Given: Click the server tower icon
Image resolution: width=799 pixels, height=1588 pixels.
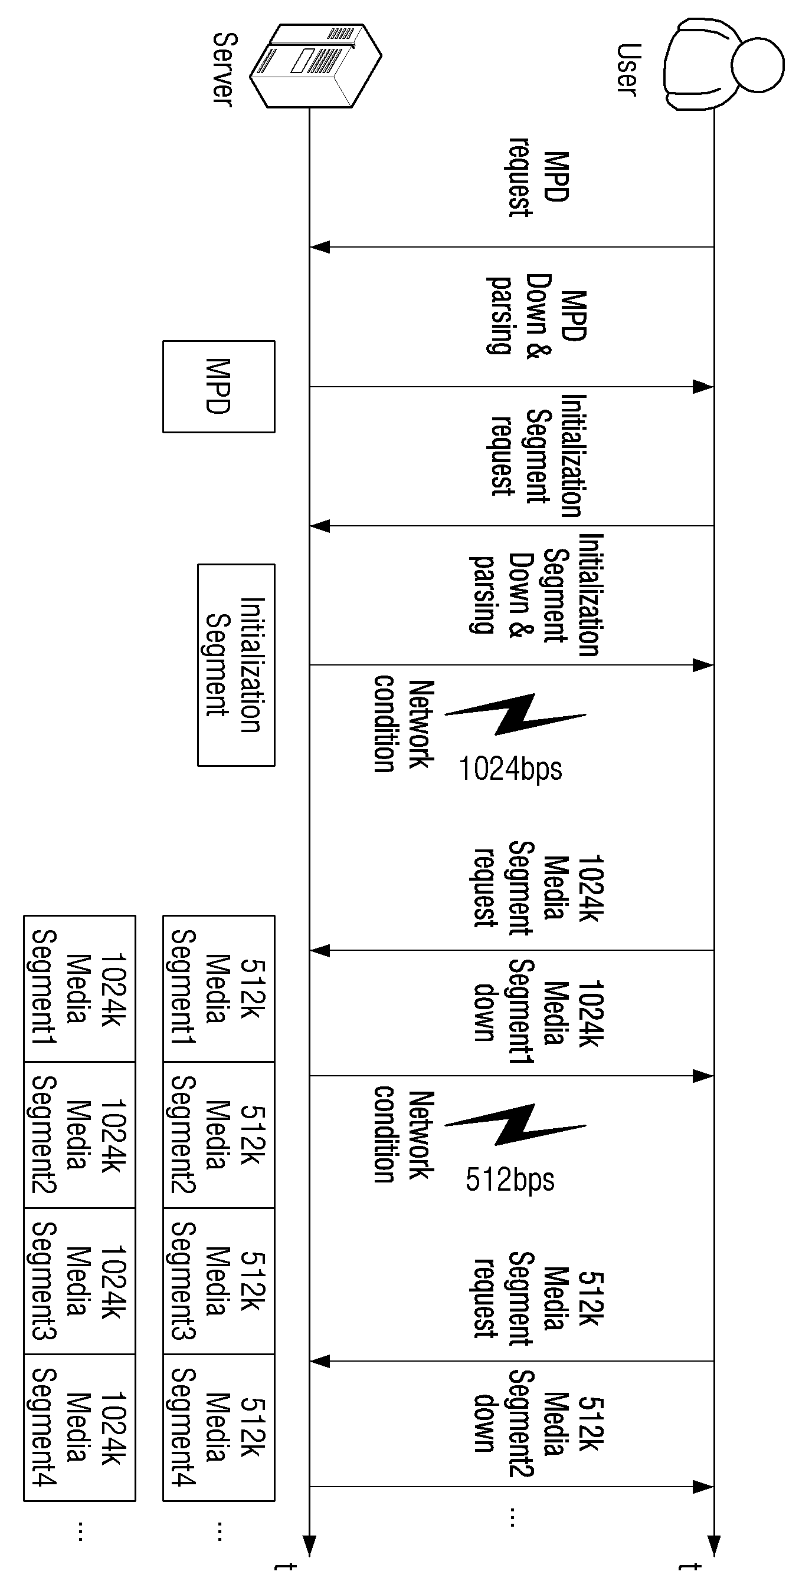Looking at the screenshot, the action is click(315, 65).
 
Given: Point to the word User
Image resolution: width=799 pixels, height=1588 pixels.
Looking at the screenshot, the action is click(628, 70).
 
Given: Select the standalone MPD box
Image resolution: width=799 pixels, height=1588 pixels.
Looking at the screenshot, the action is click(218, 387).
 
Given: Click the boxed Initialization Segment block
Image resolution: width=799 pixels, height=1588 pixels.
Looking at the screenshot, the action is click(235, 664).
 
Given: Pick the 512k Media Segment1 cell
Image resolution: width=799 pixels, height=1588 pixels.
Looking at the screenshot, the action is click(218, 988).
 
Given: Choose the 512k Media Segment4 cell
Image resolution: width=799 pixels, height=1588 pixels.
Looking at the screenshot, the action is click(218, 1428).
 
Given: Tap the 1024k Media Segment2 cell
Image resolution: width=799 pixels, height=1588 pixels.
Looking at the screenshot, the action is click(79, 1135).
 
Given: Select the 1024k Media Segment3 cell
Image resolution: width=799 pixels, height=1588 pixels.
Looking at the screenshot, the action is click(79, 1281).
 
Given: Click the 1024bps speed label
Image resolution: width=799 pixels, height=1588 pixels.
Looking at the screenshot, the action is click(511, 769).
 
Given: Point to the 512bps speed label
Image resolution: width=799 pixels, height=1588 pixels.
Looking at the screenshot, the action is click(510, 1180).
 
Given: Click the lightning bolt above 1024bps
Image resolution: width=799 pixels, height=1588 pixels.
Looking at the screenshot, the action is click(516, 714).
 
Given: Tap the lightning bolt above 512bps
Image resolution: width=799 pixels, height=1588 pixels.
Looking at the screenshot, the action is click(516, 1125).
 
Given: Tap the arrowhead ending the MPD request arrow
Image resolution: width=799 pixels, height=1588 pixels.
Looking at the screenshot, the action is click(320, 247).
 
